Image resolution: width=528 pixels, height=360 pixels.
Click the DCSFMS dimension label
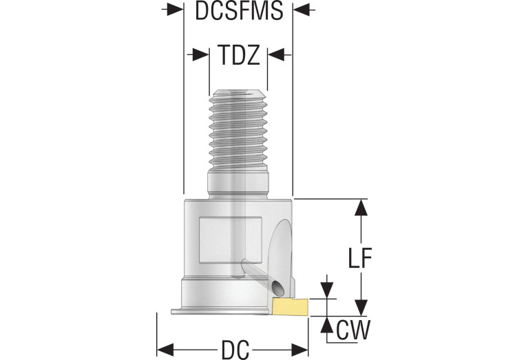239,10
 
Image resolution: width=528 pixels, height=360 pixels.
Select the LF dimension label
359,257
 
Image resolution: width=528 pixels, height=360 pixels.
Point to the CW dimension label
353,330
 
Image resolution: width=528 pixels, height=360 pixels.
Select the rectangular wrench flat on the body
231,240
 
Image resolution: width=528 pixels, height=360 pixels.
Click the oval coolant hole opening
277,287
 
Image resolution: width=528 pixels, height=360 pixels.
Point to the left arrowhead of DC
165,350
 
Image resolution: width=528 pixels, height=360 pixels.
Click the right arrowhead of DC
300,350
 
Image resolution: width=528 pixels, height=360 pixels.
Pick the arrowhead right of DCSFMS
301,10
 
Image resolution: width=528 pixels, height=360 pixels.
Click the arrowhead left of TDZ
201,54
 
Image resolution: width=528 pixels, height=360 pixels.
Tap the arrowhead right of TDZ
276,54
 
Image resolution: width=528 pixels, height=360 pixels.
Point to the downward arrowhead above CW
327,290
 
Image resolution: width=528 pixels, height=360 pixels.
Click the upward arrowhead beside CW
327,324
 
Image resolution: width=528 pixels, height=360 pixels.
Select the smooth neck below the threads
238,184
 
